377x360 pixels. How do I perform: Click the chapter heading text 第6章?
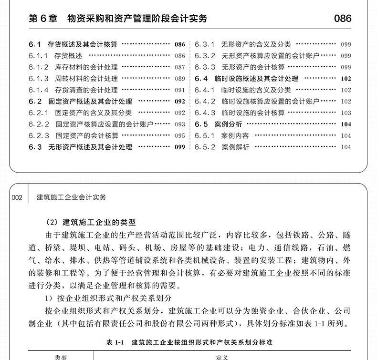42,19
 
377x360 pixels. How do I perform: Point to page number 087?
179,67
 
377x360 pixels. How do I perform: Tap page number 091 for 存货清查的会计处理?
179,90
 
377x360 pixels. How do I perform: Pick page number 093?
179,124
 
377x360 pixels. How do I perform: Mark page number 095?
179,135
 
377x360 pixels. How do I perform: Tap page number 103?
346,113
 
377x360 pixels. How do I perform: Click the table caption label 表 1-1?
115,342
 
